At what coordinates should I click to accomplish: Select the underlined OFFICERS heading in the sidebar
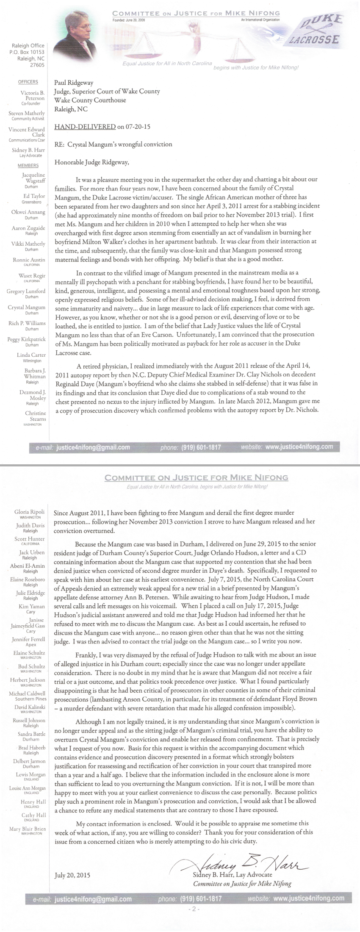[28, 82]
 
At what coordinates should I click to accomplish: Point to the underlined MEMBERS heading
[28, 166]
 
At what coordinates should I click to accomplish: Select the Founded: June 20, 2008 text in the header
[129, 20]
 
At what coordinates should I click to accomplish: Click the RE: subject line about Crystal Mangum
[114, 144]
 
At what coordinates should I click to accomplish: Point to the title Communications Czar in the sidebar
[27, 140]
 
